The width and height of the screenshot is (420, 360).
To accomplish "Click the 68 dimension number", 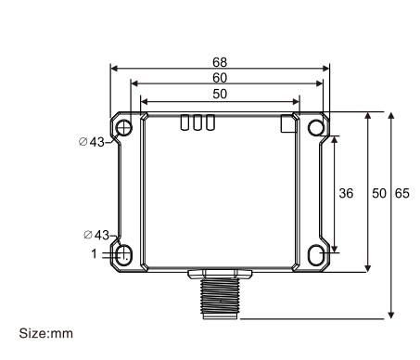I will pos(219,61).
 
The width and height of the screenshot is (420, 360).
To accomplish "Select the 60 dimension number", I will pos(219,78).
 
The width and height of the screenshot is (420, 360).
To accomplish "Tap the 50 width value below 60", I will pos(219,94).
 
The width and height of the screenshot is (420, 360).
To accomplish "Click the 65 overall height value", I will pos(402,194).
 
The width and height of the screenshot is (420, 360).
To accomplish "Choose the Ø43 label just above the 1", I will pos(95,236).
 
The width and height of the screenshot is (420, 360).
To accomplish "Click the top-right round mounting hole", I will pos(315,126).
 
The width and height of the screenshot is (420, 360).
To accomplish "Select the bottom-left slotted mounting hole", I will pos(125,253).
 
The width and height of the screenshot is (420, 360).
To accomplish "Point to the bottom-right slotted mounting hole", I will pos(315,253).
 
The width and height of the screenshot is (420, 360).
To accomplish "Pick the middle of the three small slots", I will pos(197,123).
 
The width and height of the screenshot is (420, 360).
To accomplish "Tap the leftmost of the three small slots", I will pos(185,123).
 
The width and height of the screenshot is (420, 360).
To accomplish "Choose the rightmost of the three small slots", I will pos(210,123).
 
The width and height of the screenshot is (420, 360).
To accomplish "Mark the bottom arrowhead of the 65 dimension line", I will pos(392,313).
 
